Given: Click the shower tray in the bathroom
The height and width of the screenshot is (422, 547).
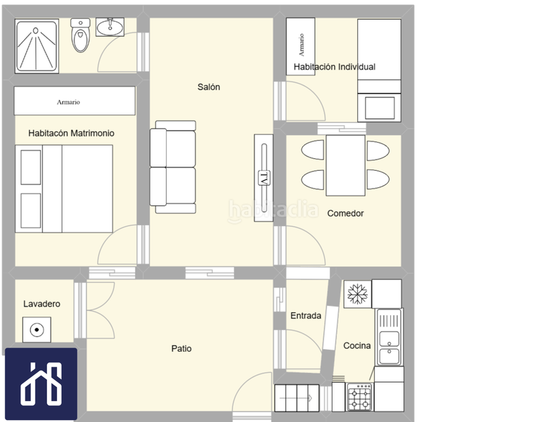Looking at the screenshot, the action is tap(37, 46).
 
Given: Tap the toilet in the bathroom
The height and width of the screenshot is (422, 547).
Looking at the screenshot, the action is tap(81, 35).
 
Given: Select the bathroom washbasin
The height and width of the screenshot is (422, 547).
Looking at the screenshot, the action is tap(110, 27).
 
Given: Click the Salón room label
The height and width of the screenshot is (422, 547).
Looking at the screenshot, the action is tap(209, 87).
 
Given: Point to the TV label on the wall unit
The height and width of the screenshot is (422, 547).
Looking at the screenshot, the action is tap(264, 179).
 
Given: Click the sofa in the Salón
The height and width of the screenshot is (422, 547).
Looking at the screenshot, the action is tap(173, 167).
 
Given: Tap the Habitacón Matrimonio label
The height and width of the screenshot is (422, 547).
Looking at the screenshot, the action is tap(71, 133).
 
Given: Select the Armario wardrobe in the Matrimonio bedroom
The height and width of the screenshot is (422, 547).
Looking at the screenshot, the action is tap(75, 101).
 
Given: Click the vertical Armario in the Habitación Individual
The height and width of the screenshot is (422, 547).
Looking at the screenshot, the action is tap(301, 46).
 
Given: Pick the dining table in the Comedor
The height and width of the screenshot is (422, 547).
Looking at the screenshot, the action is tap(345, 165).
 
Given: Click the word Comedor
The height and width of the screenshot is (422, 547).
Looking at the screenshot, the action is tap(345, 213).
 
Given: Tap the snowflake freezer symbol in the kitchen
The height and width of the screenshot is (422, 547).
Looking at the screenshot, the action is tap(358, 294).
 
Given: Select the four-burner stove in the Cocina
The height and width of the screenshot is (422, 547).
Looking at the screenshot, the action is tap(360, 397).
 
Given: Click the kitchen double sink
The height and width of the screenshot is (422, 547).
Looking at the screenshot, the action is tap(390, 337).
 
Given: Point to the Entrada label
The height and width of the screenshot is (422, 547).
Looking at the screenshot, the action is tap(306, 316).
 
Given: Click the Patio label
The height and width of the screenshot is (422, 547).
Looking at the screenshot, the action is tap(181, 348).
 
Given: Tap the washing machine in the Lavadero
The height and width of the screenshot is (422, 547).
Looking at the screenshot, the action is tap(37, 330).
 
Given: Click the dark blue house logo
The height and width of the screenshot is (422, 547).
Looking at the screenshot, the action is tap(41, 383).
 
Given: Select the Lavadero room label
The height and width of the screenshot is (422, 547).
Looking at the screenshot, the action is tap(41, 304).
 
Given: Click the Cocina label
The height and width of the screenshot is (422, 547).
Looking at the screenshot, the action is tap(357, 345).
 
